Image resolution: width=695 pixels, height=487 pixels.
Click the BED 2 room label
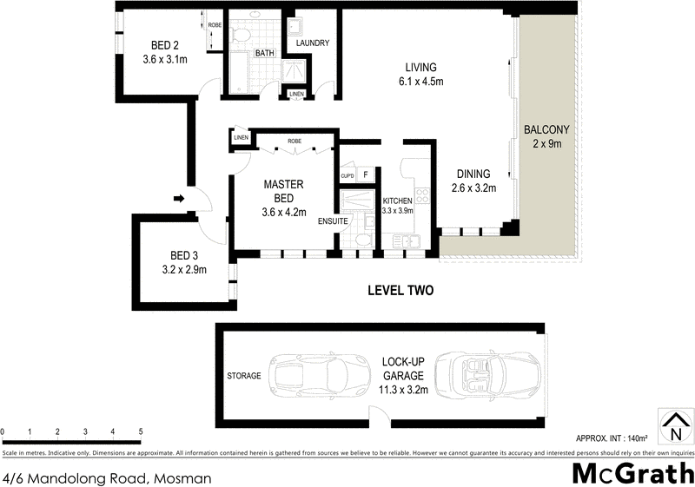click(165, 46)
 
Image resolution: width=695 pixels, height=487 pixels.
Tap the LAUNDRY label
click(312, 43)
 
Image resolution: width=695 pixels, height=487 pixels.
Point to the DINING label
click(471, 174)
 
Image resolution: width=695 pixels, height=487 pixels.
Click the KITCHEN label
click(397, 201)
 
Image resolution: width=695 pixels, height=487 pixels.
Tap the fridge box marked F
click(366, 175)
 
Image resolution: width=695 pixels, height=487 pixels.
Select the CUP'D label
click(347, 176)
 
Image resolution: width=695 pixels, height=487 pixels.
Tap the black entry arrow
click(179, 199)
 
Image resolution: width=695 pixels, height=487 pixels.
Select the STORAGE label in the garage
click(244, 376)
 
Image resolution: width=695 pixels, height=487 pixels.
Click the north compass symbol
click(674, 426)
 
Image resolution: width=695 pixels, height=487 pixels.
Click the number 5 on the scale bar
click(140, 431)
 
